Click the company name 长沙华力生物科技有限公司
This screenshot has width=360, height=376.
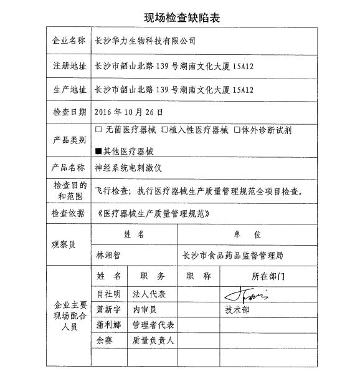pos(144,41)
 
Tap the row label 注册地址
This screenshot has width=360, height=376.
pos(68,65)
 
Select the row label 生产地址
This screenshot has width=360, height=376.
pos(68,89)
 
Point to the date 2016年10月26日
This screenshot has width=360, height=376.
pos(129,113)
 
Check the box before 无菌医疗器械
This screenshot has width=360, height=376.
pos(98,130)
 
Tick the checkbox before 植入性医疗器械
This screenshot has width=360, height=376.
pos(165,130)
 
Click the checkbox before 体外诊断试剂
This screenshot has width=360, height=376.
pos(237,130)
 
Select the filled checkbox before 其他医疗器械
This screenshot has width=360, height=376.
pos(98,151)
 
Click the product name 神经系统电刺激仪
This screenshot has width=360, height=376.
pos(128,168)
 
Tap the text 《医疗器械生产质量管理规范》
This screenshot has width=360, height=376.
pos(149,213)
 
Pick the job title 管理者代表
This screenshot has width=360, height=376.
pos(153,325)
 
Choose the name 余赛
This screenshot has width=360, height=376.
pos(104,341)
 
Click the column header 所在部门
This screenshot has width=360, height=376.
pos(268,276)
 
